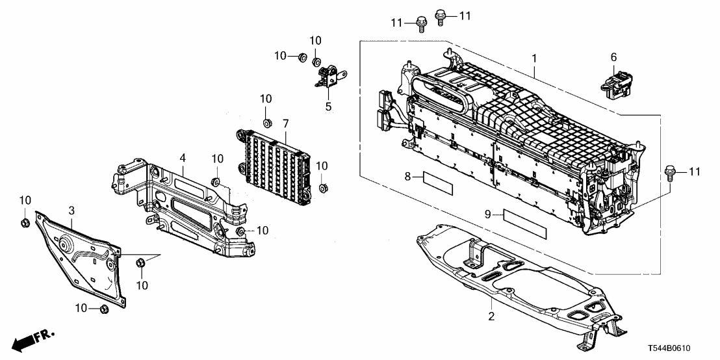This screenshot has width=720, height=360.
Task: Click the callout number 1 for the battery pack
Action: pyautogui.click(x=534, y=58)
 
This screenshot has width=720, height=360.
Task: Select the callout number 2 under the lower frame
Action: pyautogui.click(x=491, y=317)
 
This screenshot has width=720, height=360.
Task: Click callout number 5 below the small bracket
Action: pyautogui.click(x=329, y=107)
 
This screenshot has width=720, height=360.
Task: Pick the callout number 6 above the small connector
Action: pyautogui.click(x=613, y=58)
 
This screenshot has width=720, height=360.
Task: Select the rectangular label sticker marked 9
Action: pyautogui.click(x=524, y=221)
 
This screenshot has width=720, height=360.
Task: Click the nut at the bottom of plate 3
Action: pyautogui.click(x=103, y=308)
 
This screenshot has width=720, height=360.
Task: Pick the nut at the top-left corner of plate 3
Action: pyautogui.click(x=24, y=224)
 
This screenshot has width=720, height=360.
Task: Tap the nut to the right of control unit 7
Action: pyautogui.click(x=322, y=189)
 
